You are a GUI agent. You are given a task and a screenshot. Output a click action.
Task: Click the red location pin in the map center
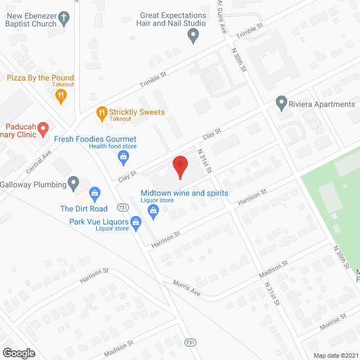pyautogui.click(x=180, y=166)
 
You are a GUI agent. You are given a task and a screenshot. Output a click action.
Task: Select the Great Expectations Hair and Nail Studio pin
pyautogui.click(x=193, y=37)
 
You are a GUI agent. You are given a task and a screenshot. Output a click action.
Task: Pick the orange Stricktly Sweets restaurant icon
pyautogui.click(x=101, y=112)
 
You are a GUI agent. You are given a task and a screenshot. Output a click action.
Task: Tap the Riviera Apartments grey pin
pyautogui.click(x=281, y=103)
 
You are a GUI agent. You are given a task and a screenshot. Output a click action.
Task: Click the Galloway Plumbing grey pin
pyautogui.click(x=73, y=182)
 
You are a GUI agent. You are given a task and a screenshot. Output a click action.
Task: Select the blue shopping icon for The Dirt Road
pyautogui.click(x=95, y=195)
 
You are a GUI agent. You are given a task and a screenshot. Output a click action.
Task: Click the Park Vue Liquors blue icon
pyautogui.click(x=136, y=224)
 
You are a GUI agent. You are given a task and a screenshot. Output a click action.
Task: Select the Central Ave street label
pyautogui.click(x=38, y=161)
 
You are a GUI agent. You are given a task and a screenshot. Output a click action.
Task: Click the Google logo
pyautogui.click(x=19, y=353)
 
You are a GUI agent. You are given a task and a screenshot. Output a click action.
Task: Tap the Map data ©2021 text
pyautogui.click(x=335, y=355)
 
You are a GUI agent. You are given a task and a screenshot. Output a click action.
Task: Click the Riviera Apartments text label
pyautogui.click(x=323, y=104)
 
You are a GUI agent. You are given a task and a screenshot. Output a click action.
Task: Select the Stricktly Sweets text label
pyautogui.click(x=137, y=111)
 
